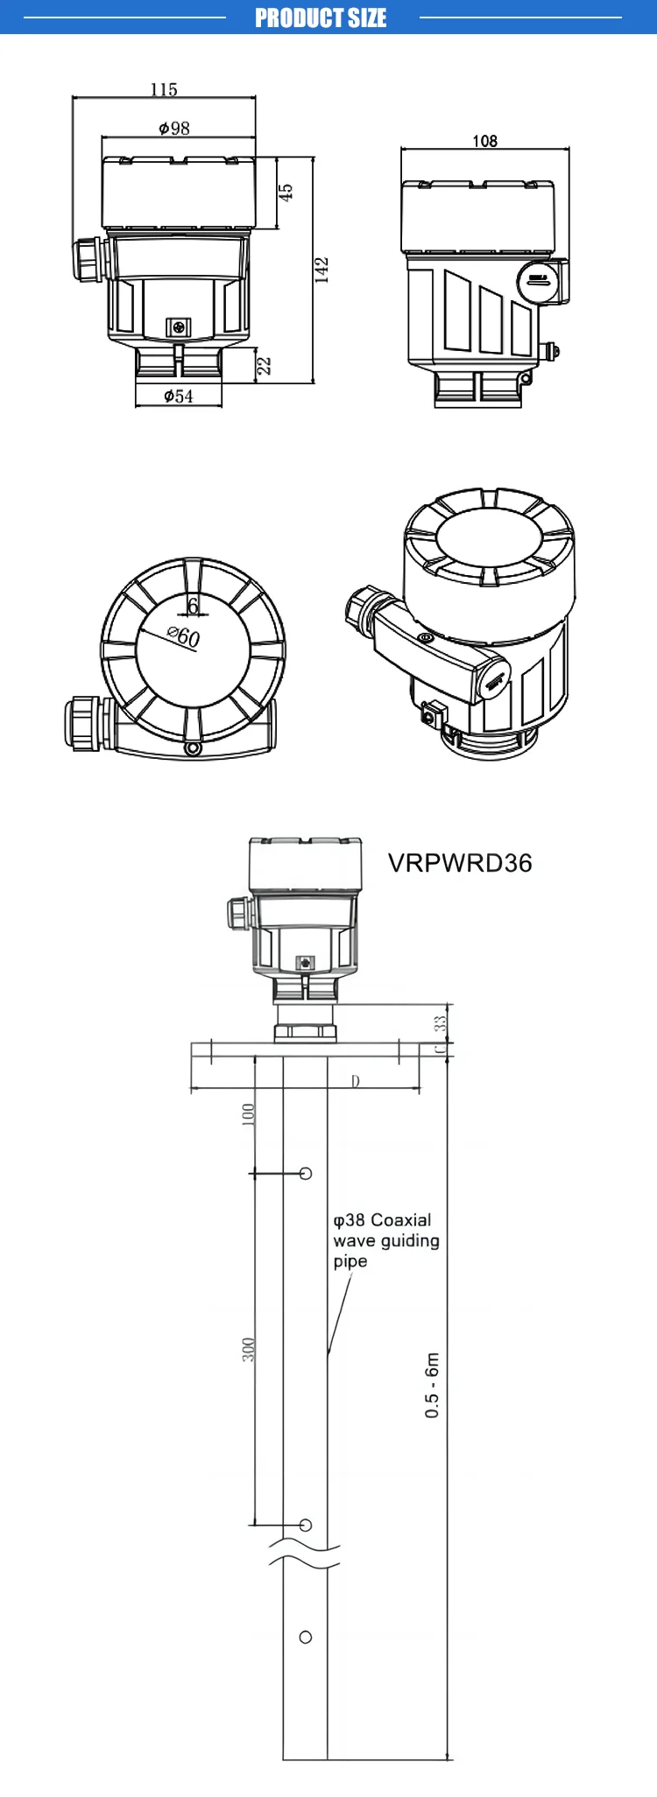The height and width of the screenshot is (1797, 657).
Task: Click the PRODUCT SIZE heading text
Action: click(321, 18)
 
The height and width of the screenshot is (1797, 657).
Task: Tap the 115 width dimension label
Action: click(164, 89)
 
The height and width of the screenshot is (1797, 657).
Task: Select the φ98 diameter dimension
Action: click(174, 129)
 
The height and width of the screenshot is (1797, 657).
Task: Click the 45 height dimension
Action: click(286, 193)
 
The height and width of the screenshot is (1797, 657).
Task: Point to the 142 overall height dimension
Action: click(321, 270)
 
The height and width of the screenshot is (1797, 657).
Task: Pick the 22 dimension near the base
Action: click(264, 365)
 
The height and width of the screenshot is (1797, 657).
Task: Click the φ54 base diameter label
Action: click(179, 397)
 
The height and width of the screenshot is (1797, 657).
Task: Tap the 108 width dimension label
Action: click(484, 141)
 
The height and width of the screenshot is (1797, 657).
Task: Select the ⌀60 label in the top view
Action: click(184, 636)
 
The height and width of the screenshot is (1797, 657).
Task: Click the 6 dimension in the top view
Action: click(194, 607)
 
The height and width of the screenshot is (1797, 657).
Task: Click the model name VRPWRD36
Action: click(460, 863)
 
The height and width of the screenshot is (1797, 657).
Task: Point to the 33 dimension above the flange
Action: click(441, 1020)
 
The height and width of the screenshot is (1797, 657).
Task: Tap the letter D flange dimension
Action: click(356, 1081)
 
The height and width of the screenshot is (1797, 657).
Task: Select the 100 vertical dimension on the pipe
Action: click(248, 1114)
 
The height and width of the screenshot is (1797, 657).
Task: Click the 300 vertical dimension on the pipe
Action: click(248, 1349)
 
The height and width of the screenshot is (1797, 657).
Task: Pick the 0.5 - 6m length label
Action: click(432, 1385)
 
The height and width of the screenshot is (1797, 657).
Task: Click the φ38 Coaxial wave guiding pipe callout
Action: click(385, 1240)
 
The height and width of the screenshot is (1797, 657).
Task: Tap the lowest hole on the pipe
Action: click(306, 1637)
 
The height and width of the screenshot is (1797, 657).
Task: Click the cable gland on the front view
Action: click(88, 259)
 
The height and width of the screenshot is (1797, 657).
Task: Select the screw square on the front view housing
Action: click(179, 326)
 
